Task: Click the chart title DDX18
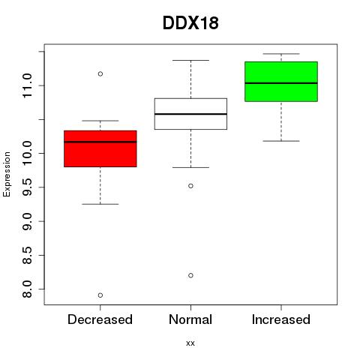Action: (x=190, y=23)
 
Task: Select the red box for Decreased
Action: (x=100, y=148)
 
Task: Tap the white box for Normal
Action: (x=190, y=114)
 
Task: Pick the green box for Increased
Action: (x=281, y=82)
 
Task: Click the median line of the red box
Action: (x=100, y=142)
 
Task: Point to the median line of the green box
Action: (x=281, y=83)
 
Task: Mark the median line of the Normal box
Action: (x=190, y=114)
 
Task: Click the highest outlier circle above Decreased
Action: (x=100, y=73)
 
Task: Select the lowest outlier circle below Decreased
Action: (x=100, y=295)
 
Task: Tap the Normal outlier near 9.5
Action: (x=190, y=186)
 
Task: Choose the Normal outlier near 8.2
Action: (x=190, y=275)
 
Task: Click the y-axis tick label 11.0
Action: (x=27, y=85)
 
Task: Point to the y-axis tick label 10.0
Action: (x=27, y=153)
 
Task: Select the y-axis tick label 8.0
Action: (x=27, y=289)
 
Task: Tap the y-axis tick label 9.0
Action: (x=27, y=221)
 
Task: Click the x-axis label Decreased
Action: (x=100, y=319)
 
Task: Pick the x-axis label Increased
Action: (x=281, y=319)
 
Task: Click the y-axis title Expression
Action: (x=7, y=174)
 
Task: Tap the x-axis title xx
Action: (x=190, y=343)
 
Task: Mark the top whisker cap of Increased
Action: (x=281, y=54)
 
